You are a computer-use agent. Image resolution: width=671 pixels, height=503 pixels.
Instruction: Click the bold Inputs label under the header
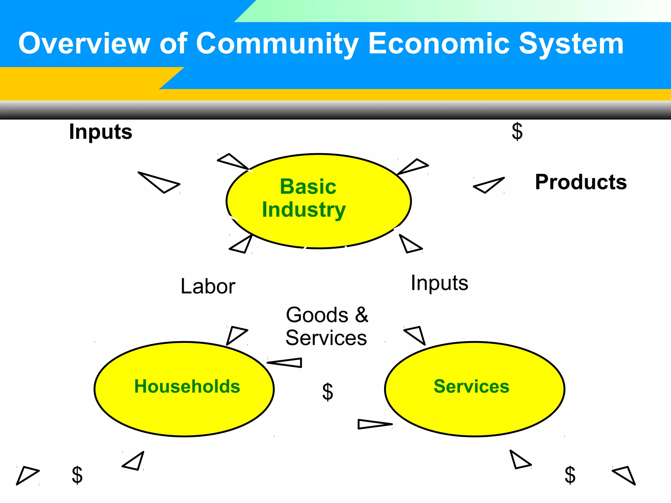[101, 132]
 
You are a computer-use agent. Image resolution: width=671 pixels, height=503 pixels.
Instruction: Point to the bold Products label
[581, 182]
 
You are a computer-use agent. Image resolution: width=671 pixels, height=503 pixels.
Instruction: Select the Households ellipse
[184, 389]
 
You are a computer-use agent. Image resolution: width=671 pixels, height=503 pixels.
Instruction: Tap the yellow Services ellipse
[474, 389]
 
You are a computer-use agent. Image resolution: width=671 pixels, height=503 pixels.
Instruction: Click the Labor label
[208, 286]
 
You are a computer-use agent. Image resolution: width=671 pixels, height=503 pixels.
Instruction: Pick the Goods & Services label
[327, 326]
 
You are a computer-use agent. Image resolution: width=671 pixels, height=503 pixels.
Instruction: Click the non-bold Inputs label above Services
[439, 283]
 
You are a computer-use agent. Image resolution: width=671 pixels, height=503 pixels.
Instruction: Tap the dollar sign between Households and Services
[328, 392]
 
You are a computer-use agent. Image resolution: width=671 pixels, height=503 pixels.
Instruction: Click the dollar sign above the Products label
[517, 132]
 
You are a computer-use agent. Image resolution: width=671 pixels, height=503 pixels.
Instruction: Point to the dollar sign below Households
[77, 475]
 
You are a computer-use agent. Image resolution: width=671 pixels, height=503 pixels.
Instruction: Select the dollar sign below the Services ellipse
[570, 475]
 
